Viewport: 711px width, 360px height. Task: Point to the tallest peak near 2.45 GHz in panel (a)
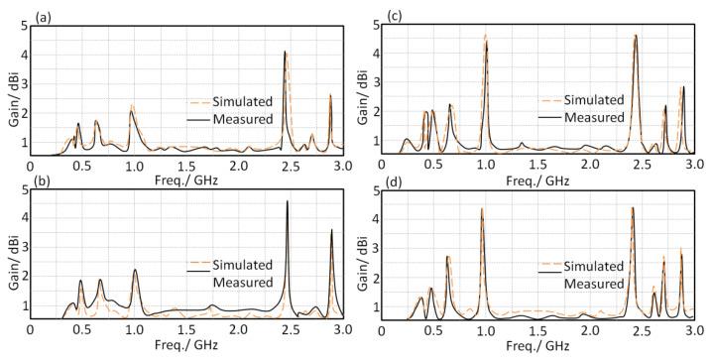286,52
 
